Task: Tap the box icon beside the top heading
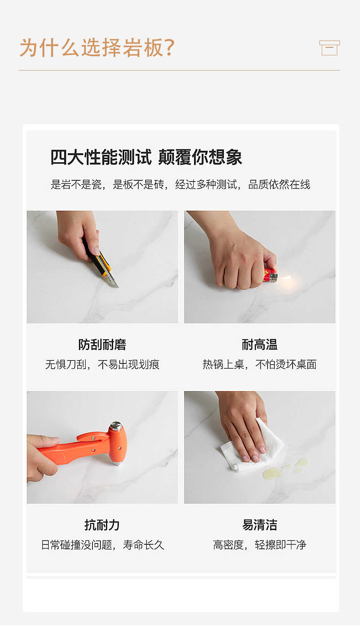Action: click(x=329, y=48)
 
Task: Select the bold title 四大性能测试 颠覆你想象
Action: click(x=146, y=157)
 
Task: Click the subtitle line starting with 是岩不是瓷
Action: click(x=180, y=185)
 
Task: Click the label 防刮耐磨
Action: click(x=102, y=345)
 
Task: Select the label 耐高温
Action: click(x=260, y=345)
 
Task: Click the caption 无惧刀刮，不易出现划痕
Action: click(x=102, y=365)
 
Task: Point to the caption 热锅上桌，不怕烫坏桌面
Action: click(x=260, y=365)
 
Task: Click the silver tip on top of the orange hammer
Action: click(x=116, y=426)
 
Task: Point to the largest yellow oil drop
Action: click(x=272, y=473)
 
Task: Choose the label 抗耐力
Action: click(x=102, y=525)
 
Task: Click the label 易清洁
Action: click(x=260, y=525)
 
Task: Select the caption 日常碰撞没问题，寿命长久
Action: click(x=103, y=545)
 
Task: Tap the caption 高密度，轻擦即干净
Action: click(x=260, y=545)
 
